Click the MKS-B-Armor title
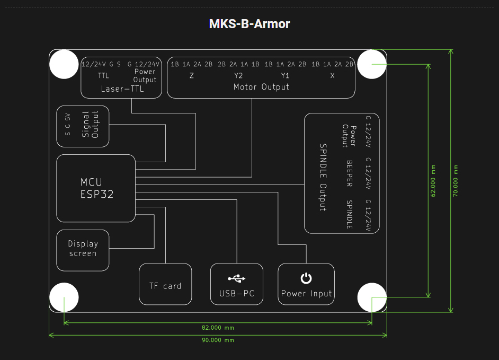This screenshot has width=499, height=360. click(x=249, y=24)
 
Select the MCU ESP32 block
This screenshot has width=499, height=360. click(x=96, y=188)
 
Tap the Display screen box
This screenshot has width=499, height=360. click(x=83, y=249)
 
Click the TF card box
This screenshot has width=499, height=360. click(x=165, y=286)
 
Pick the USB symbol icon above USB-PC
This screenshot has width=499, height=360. click(x=237, y=278)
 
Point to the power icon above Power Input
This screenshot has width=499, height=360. click(x=306, y=278)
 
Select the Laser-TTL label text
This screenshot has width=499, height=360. click(x=122, y=89)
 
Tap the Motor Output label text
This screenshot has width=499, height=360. click(x=261, y=86)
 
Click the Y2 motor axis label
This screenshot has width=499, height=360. click(x=238, y=75)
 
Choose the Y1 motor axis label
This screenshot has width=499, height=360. click(x=285, y=75)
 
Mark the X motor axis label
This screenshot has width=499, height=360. click(x=333, y=75)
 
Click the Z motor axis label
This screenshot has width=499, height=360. click(x=191, y=75)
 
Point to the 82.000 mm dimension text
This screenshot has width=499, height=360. click(x=217, y=328)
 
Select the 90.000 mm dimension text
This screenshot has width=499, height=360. click(x=217, y=340)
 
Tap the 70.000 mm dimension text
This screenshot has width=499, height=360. click(x=456, y=180)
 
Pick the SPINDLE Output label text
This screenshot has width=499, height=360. click(x=322, y=177)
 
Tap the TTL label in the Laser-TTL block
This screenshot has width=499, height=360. click(x=103, y=76)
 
